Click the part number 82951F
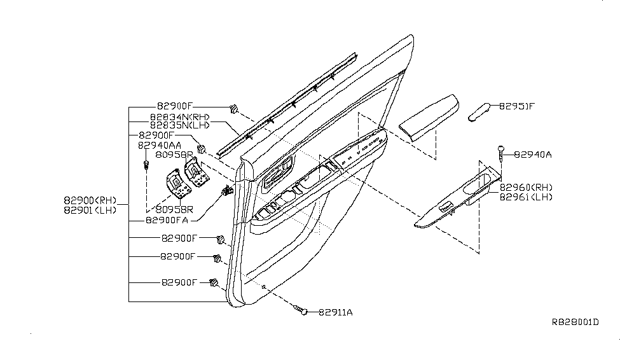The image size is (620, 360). [x=516, y=106]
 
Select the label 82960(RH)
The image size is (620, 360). [x=526, y=187]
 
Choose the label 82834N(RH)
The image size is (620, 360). [x=179, y=116]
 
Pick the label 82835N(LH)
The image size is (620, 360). [x=179, y=125]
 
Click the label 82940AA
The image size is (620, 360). [x=160, y=145]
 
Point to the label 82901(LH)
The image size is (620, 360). [x=90, y=210]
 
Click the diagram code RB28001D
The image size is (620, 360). [x=575, y=322]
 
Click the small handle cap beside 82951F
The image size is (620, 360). [x=481, y=111]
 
